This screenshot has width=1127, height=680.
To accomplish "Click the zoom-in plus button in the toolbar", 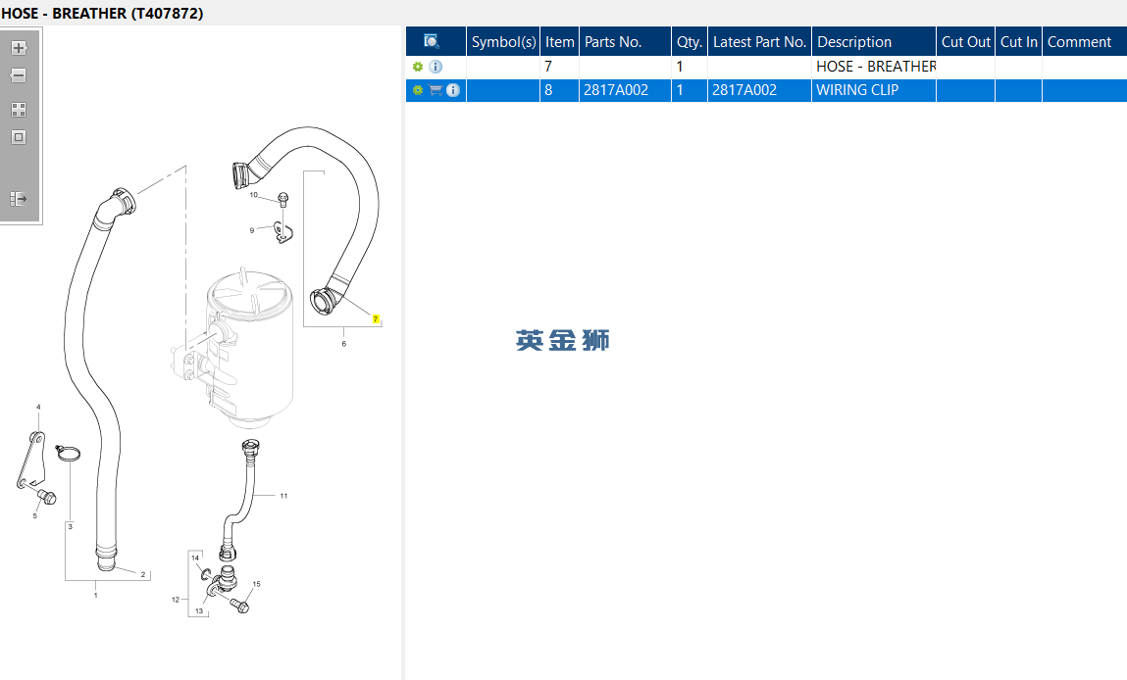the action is point(19,48).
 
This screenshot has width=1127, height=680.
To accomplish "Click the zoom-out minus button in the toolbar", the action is point(19,75).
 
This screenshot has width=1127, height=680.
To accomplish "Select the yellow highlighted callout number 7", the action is point(376,319).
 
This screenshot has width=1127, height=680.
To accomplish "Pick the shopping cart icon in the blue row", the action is point(435,90).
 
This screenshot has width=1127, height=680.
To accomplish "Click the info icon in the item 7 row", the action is point(435,67).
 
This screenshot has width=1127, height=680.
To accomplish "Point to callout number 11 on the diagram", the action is point(283,496).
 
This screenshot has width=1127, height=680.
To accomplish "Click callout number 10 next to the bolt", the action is point(254,195).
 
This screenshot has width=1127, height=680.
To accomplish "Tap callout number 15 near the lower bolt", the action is point(257,584).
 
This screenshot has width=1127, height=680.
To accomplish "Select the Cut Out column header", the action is point(965,42).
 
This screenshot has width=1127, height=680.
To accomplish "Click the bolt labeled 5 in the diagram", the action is point(47,496).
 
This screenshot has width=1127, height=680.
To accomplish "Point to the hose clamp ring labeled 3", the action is point(69,453).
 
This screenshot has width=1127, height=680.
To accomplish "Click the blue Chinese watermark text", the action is point(563,340).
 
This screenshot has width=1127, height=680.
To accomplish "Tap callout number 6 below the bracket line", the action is point(343,344).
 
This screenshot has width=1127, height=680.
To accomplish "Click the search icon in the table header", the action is point(432,41).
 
